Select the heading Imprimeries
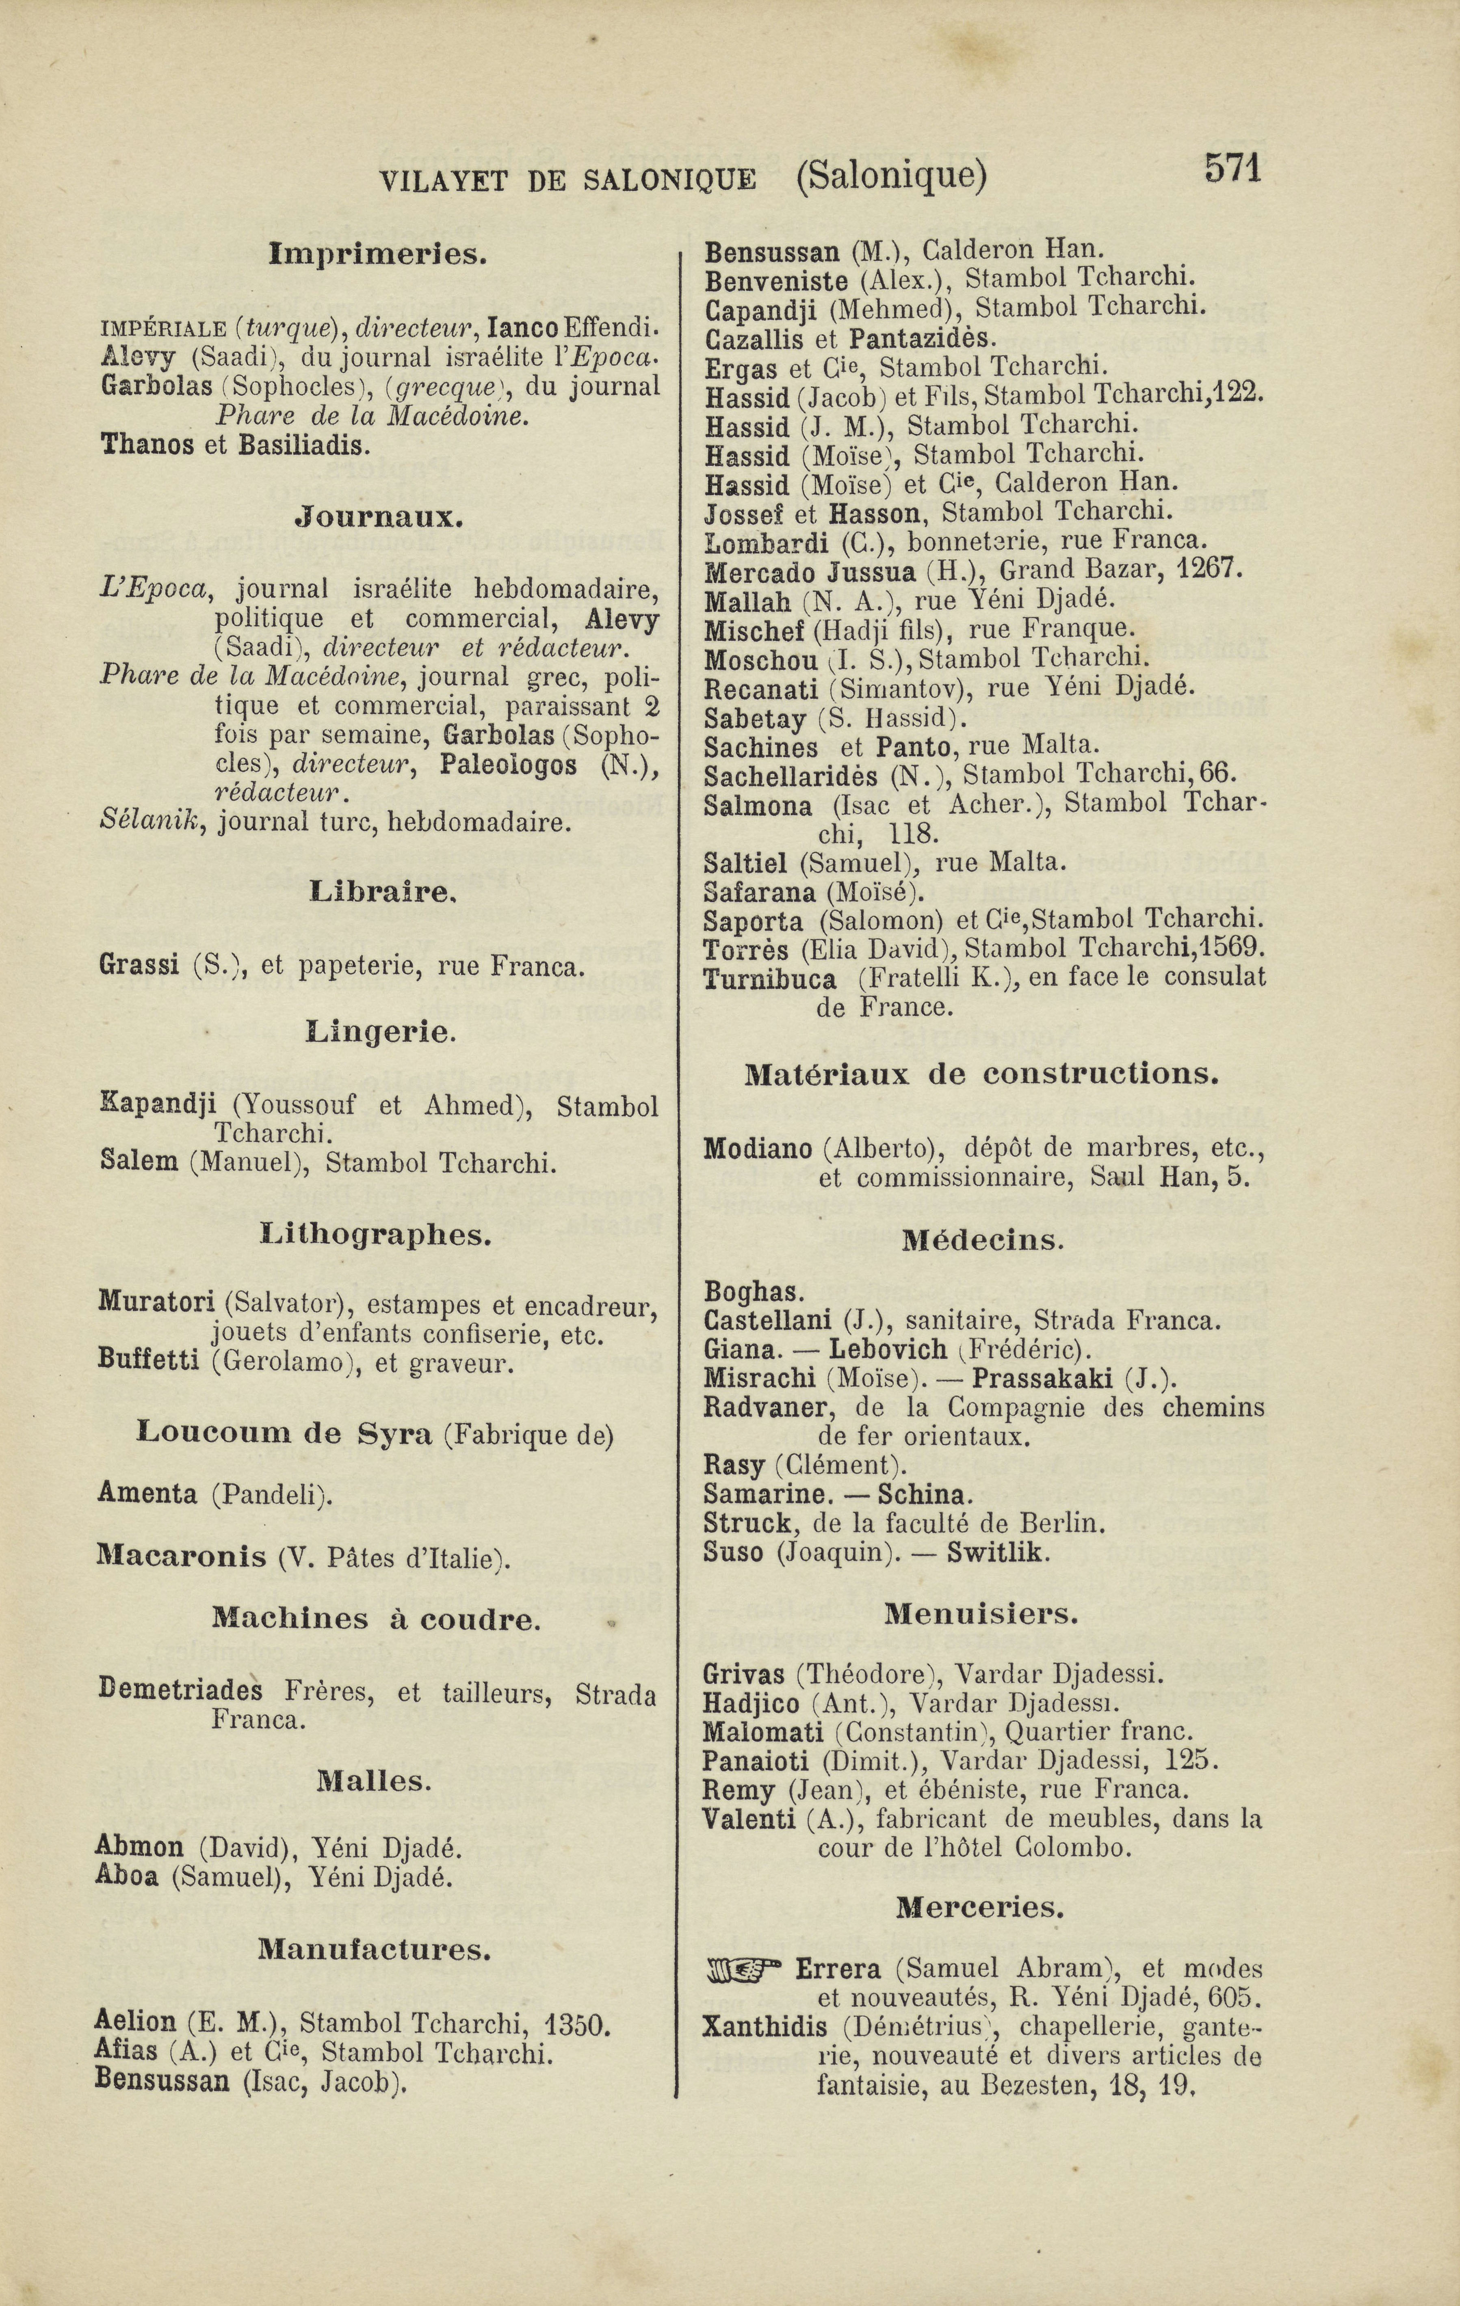click(x=379, y=255)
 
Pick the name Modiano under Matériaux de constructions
click(x=758, y=1148)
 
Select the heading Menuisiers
click(x=981, y=1614)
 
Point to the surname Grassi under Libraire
click(x=139, y=965)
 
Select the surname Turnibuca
click(x=769, y=979)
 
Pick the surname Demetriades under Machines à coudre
click(x=180, y=1688)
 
